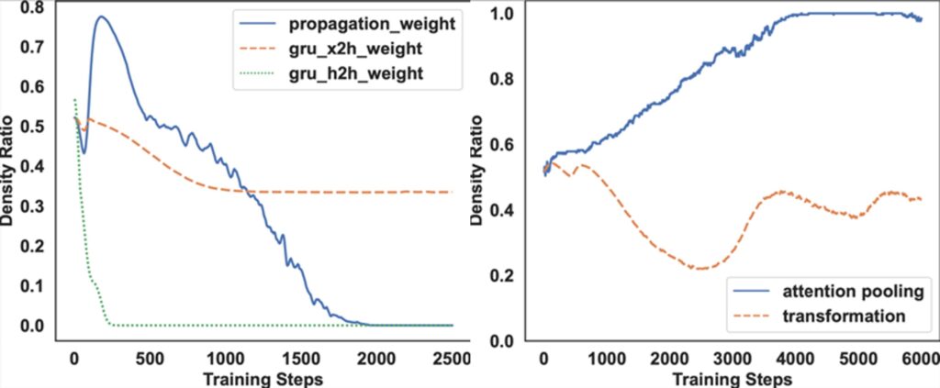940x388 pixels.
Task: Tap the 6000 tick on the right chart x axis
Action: click(x=919, y=358)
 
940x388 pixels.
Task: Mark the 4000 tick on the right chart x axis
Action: click(x=795, y=358)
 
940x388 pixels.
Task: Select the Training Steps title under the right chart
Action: click(x=730, y=377)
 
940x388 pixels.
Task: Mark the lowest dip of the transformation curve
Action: click(x=700, y=269)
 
